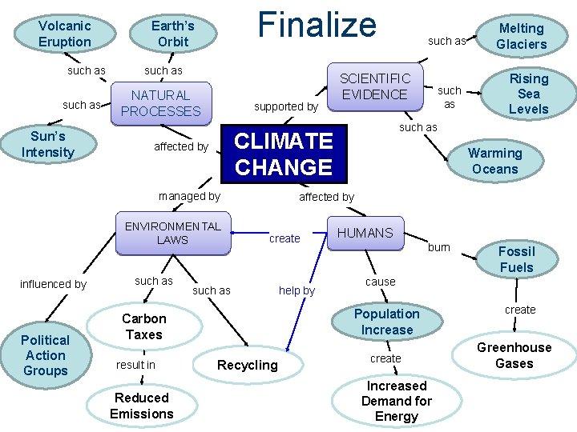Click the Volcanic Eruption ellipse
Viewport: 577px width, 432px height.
point(65,34)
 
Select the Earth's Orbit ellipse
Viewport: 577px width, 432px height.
point(173,34)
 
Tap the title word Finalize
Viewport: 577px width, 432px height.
point(317,24)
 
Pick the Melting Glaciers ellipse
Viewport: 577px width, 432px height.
point(521,36)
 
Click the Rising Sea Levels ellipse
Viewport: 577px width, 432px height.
point(528,94)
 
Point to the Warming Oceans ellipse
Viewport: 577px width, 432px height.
point(494,161)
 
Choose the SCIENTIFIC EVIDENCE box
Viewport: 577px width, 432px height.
point(374,86)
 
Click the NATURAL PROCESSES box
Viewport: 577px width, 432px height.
point(161,103)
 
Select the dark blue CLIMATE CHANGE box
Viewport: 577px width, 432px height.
point(284,154)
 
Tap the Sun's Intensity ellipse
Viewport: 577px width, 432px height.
point(47,144)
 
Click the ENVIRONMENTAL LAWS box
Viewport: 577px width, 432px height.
point(172,233)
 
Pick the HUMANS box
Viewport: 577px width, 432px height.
point(365,233)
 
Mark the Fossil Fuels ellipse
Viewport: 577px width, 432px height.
point(516,259)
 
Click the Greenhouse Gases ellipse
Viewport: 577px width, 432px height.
point(514,355)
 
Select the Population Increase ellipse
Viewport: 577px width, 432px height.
point(386,322)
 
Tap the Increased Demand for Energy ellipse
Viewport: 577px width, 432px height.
point(396,401)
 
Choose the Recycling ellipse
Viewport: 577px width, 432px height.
point(248,365)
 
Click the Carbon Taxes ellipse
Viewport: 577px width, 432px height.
point(144,326)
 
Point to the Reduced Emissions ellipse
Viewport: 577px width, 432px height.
point(142,406)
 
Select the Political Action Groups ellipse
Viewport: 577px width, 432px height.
point(46,355)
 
